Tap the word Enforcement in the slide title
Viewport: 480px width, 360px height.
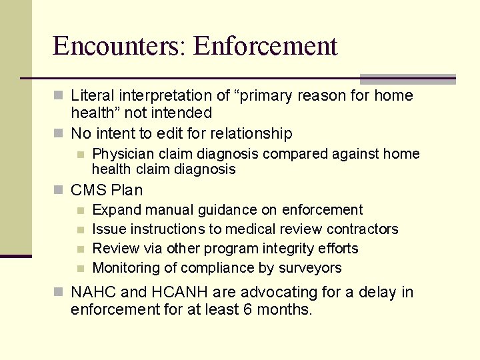(266, 47)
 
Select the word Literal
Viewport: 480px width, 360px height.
(93, 96)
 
